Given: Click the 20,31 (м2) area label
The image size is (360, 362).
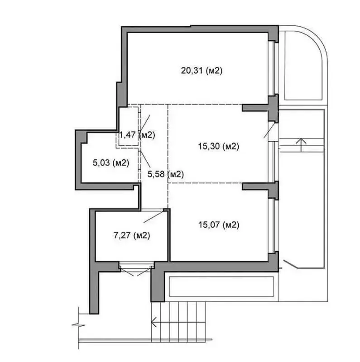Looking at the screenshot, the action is point(202,71).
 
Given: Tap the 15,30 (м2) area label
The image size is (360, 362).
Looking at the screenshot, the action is point(219,146).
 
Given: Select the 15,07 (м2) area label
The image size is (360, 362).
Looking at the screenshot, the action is point(219,224).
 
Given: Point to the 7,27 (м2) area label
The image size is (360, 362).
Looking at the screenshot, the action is point(132,235).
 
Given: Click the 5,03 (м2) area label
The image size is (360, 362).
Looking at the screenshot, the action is point(111,163).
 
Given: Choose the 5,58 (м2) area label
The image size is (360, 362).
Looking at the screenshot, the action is point(165,174).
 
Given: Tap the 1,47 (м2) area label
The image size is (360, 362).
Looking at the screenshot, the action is point(137,135).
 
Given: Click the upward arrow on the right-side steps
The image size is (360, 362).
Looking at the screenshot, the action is point(301,145).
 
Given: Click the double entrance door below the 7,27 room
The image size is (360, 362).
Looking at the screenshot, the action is point(137,269).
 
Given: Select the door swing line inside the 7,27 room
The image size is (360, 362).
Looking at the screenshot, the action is point(154,217).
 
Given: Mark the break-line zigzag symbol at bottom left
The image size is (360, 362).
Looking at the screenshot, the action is point(78,325).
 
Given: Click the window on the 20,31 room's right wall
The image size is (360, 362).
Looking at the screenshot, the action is point(274,69).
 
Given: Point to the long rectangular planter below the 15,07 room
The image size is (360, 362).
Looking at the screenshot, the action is point(221,286).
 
